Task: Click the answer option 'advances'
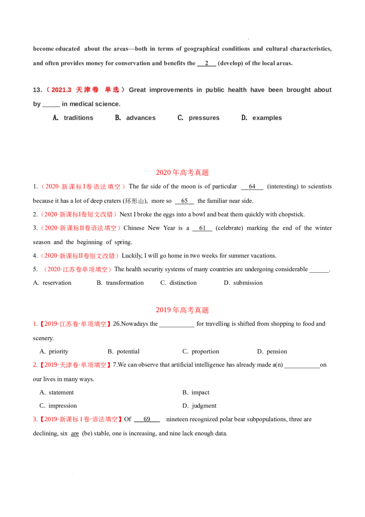[141, 118]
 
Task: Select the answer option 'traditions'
[78, 118]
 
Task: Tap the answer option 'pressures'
[204, 118]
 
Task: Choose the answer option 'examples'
[267, 118]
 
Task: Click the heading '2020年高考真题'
[182, 173]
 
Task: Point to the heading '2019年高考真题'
[182, 310]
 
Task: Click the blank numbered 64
[252, 187]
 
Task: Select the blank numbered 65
[184, 201]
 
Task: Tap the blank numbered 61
[202, 228]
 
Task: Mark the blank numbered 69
[147, 419]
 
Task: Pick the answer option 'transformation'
[125, 283]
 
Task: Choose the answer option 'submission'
[248, 283]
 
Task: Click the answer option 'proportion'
[205, 352]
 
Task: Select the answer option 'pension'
[276, 352]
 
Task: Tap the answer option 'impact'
[200, 392]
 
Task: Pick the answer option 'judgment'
[204, 406]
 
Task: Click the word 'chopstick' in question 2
[291, 215]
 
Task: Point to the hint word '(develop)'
[230, 63]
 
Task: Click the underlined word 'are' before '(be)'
[75, 433]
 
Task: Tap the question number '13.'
[37, 90]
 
